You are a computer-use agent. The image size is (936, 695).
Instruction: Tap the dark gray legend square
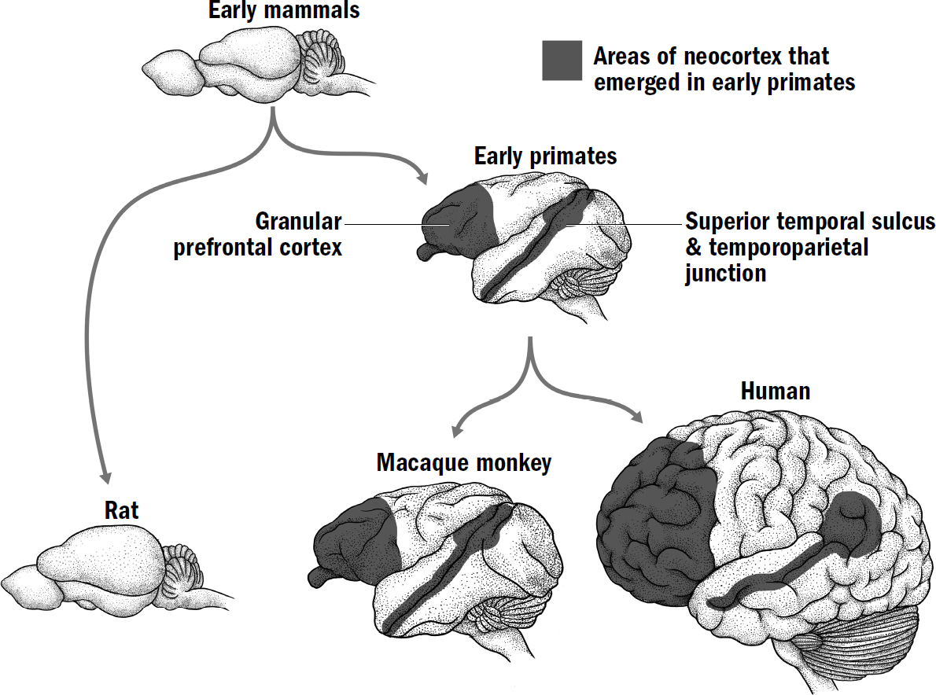(x=562, y=61)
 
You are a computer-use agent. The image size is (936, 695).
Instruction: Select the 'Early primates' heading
(x=545, y=156)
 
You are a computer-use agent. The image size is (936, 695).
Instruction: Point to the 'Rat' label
(x=121, y=510)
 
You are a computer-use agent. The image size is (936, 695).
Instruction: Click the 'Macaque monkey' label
(x=464, y=462)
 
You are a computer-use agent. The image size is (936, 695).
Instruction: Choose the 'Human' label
(x=775, y=391)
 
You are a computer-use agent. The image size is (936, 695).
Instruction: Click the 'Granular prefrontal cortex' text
(x=258, y=234)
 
